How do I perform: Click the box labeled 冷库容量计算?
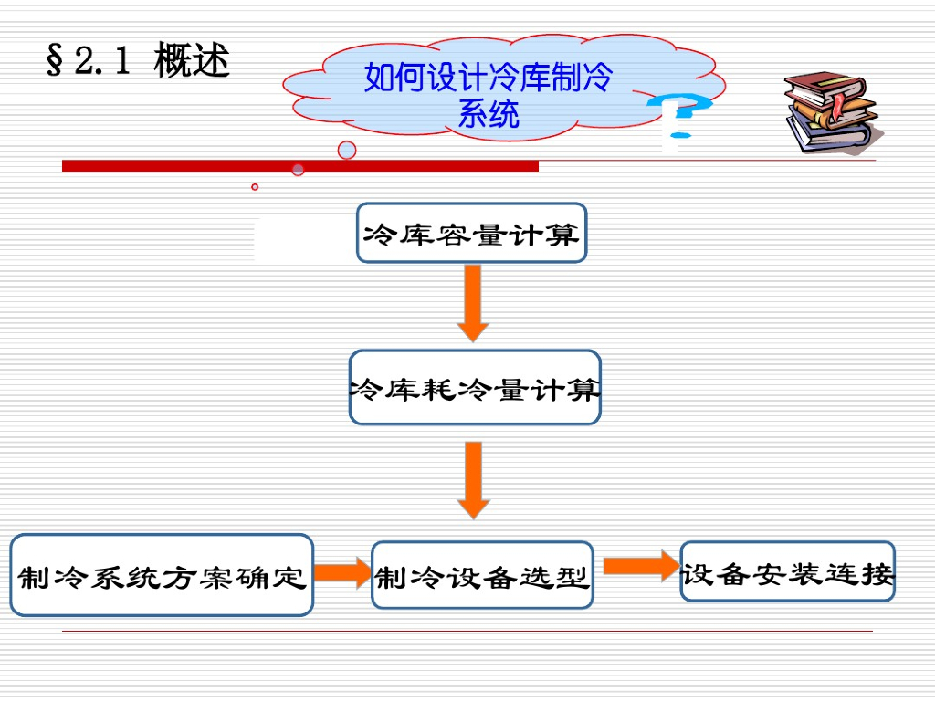[x=471, y=234]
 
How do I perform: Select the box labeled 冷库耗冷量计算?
[x=475, y=388]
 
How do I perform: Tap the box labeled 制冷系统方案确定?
[x=162, y=576]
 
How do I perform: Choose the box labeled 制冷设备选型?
[x=482, y=576]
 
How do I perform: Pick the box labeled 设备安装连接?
[x=787, y=572]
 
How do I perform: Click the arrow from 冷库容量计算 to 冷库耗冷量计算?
[x=472, y=303]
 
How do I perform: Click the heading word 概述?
[x=192, y=61]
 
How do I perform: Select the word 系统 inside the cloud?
[x=489, y=114]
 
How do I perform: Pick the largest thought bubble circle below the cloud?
[x=347, y=150]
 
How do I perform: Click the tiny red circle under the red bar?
[x=255, y=187]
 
